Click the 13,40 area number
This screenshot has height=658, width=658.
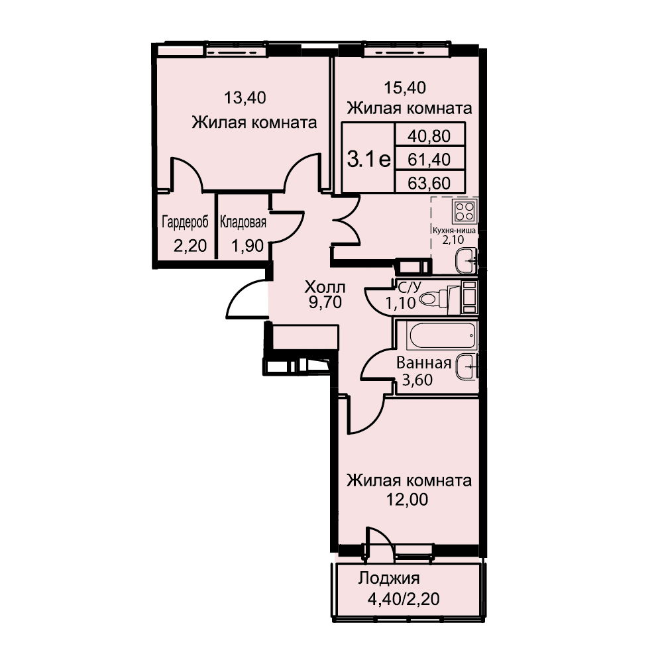245,98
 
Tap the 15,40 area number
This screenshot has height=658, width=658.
405,87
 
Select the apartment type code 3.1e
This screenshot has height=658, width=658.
369,159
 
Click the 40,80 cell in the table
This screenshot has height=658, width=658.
429,136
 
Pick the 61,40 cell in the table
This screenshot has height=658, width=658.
429,160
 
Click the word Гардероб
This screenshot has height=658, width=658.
185,223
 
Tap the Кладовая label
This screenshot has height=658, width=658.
243,222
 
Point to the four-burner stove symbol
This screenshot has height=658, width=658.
465,211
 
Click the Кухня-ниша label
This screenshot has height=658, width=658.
454,231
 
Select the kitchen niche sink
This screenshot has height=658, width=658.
466,260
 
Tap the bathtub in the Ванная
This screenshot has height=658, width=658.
442,336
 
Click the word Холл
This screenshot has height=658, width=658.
325,288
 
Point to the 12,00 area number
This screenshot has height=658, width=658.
407,500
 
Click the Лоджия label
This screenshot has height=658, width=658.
389,578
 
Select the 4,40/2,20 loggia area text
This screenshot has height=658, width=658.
404,599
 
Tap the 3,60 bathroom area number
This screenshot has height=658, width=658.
417,380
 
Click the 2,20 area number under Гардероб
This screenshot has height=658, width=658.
191,245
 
